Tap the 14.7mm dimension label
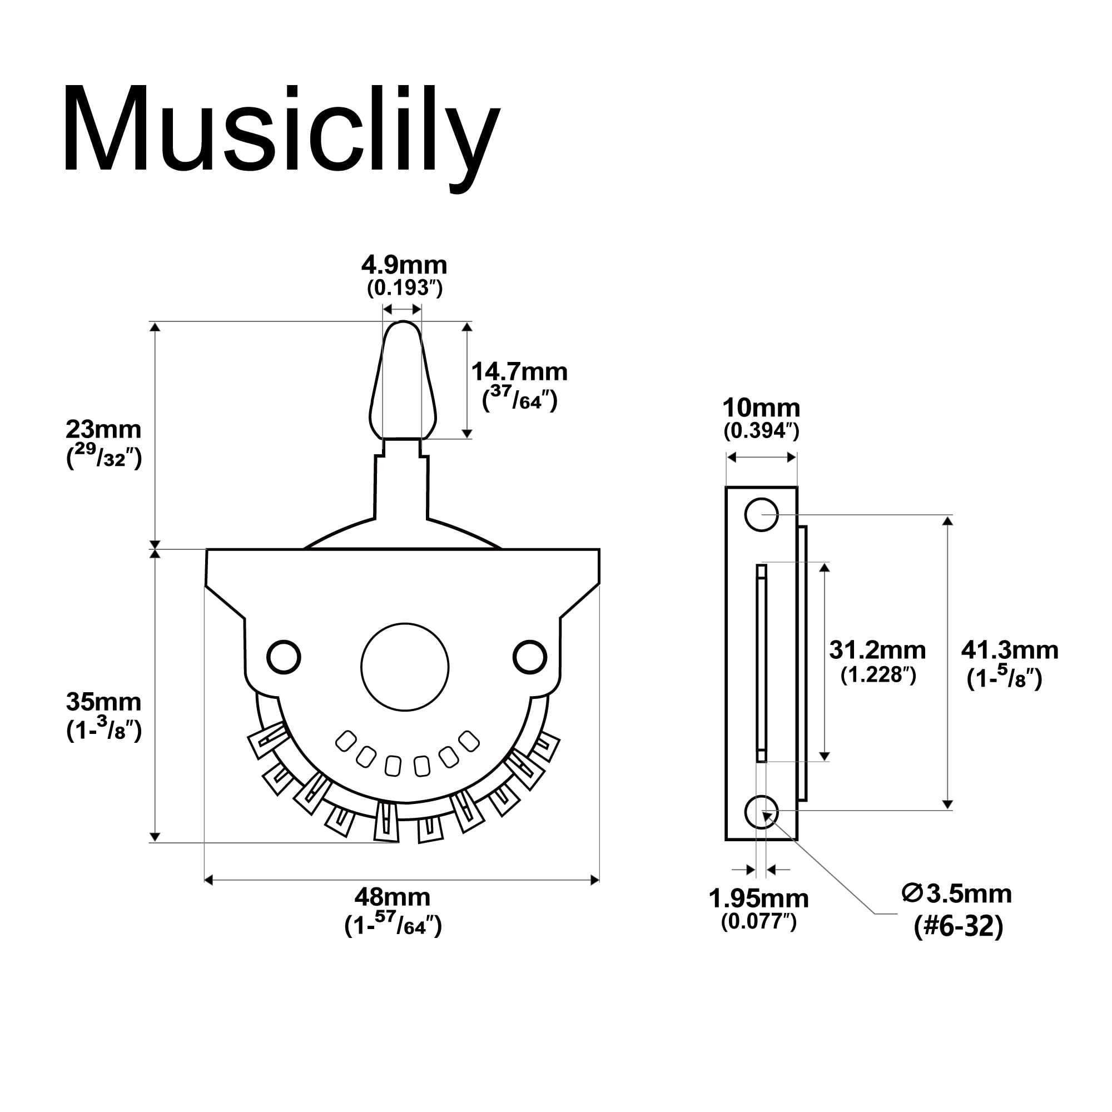coord(519,373)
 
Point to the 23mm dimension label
coord(103,429)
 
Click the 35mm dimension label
coord(103,702)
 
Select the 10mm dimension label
coord(761,408)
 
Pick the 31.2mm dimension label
coord(877,651)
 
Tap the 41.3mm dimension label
coord(1010,651)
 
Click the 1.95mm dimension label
coord(758,898)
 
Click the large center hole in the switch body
coord(405,667)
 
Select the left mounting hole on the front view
coord(284,657)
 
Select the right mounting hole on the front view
coord(529,657)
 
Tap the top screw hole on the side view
coord(761,514)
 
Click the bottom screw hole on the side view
coord(761,812)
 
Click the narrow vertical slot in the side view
coord(762,663)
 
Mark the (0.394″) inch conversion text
coord(761,431)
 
